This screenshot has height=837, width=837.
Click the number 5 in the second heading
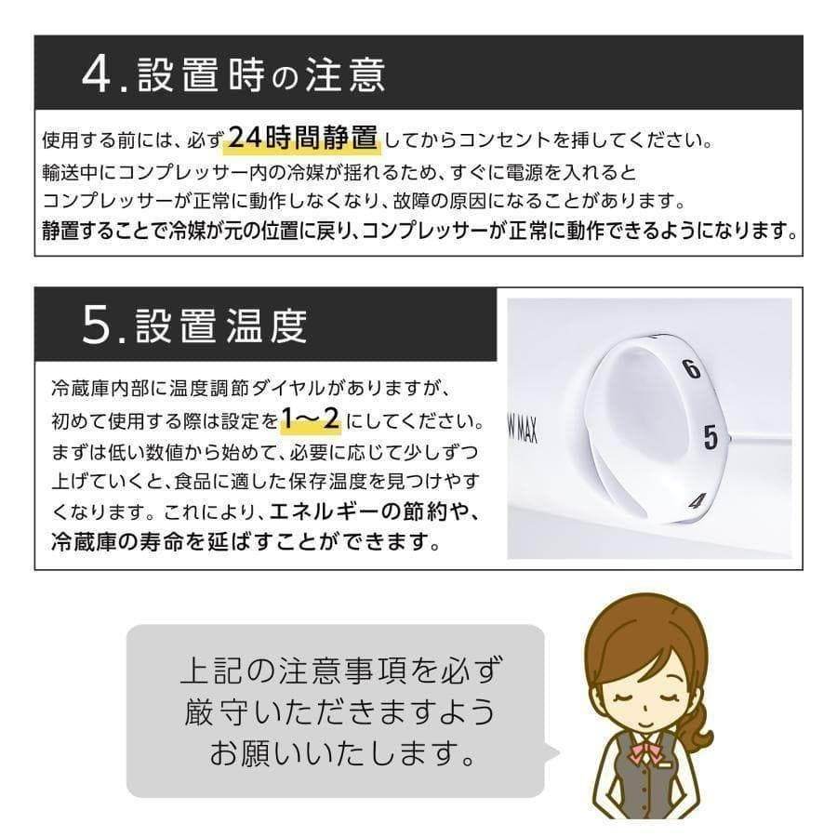97,326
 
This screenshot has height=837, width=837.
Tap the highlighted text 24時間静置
302,139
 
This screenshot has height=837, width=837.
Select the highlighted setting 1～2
311,420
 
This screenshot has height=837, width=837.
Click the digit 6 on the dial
690,368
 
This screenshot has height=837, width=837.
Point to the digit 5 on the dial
711,436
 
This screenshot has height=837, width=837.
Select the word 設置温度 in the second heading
221,326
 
